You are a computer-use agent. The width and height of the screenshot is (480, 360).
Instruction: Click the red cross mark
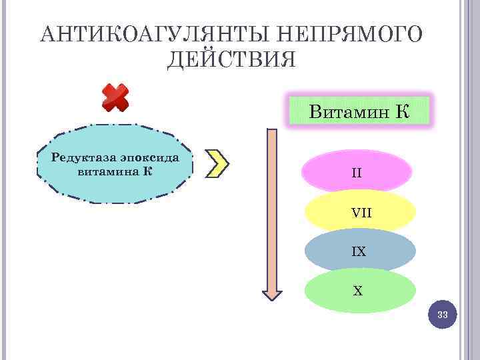(x=115, y=98)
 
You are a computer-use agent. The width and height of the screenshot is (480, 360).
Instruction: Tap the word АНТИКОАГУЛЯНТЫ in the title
(x=154, y=35)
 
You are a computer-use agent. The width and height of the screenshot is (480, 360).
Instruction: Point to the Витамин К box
(x=359, y=111)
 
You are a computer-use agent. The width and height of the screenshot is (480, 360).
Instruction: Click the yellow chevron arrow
(x=217, y=163)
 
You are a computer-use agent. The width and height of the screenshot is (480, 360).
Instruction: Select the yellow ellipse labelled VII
(x=360, y=212)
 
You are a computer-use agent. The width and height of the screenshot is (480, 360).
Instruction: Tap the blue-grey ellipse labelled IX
(x=360, y=251)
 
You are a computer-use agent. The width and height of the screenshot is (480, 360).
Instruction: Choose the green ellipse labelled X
(x=360, y=291)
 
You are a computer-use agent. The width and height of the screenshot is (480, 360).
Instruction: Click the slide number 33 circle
(x=443, y=315)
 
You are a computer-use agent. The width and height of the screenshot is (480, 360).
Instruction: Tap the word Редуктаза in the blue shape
(x=84, y=157)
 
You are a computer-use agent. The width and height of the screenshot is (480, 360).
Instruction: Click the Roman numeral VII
(x=361, y=213)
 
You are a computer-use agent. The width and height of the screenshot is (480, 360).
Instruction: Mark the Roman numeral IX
(x=359, y=252)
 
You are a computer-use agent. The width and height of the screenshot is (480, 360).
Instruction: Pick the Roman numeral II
(x=357, y=173)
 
